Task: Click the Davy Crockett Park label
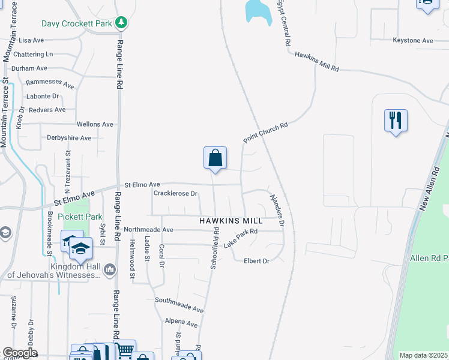77,24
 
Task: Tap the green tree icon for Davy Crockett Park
122,22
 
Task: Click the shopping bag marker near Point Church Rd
215,158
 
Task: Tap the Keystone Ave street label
412,41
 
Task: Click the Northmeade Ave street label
148,230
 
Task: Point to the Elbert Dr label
257,260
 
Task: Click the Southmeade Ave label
179,305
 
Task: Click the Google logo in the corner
19,353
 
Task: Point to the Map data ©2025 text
424,355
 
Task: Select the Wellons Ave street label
95,124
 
